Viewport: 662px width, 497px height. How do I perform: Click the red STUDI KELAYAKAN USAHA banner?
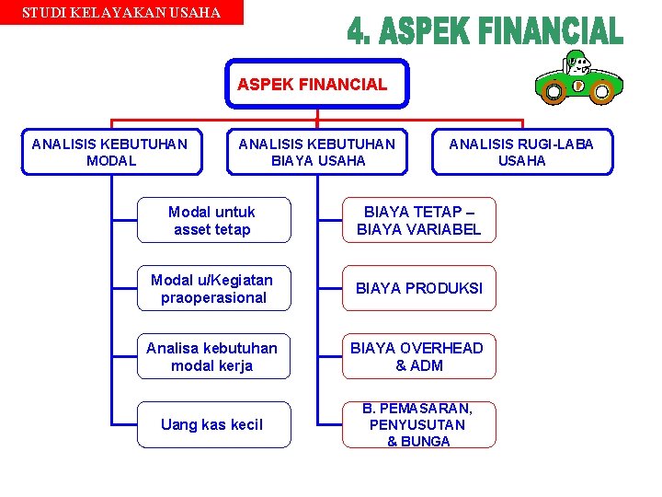121,13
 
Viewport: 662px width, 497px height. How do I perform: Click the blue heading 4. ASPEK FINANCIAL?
485,33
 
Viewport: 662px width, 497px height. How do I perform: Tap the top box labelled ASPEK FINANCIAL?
316,85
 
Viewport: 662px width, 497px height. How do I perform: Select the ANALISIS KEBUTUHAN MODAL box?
111,152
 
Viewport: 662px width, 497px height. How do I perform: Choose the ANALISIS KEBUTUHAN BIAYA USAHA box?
317,152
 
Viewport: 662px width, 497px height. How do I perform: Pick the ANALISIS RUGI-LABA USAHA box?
521,152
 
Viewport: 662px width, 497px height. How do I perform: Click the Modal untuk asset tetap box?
213,221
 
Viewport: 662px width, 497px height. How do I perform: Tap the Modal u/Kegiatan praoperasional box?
213,288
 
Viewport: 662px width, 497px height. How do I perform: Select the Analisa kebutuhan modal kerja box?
213,356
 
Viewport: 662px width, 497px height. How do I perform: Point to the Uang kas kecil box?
213,424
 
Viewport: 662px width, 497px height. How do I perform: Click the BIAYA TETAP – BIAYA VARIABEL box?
418,221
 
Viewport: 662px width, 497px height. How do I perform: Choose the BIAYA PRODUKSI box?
418,288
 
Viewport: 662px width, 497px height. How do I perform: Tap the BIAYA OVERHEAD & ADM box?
418,356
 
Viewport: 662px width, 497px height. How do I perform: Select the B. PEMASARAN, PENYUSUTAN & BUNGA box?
418,424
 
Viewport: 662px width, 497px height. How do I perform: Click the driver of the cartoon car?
577,64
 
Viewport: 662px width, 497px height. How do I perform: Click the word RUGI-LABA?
554,144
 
